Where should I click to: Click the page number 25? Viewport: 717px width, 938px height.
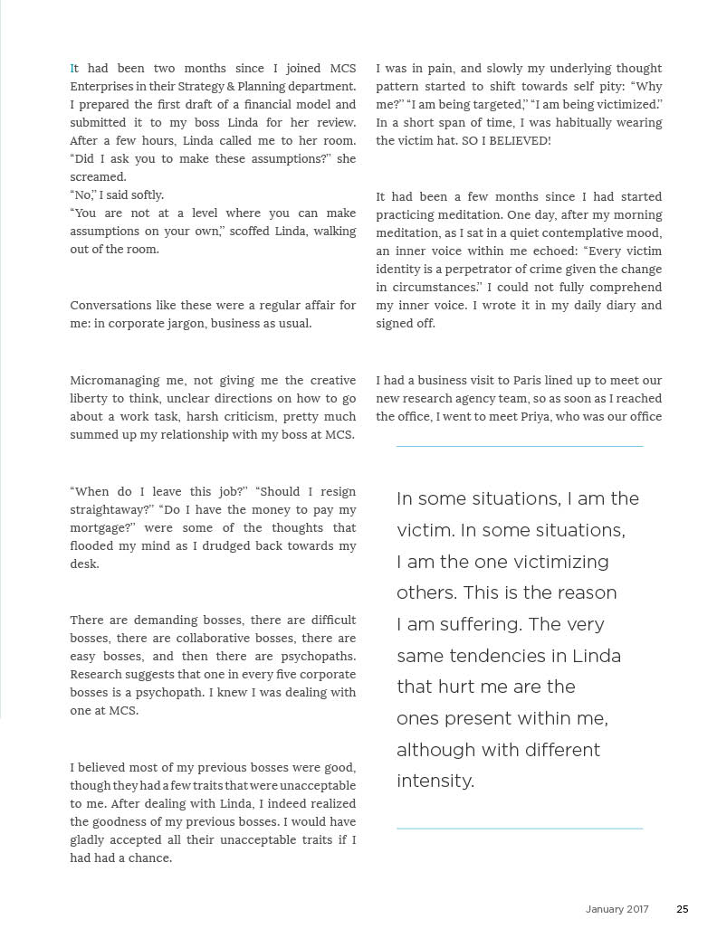point(683,909)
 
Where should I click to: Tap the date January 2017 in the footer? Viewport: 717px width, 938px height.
point(617,909)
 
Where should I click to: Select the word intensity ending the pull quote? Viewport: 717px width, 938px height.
point(435,781)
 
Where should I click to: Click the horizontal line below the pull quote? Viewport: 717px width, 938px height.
point(520,828)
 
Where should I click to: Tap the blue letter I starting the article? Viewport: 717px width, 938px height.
point(72,69)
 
